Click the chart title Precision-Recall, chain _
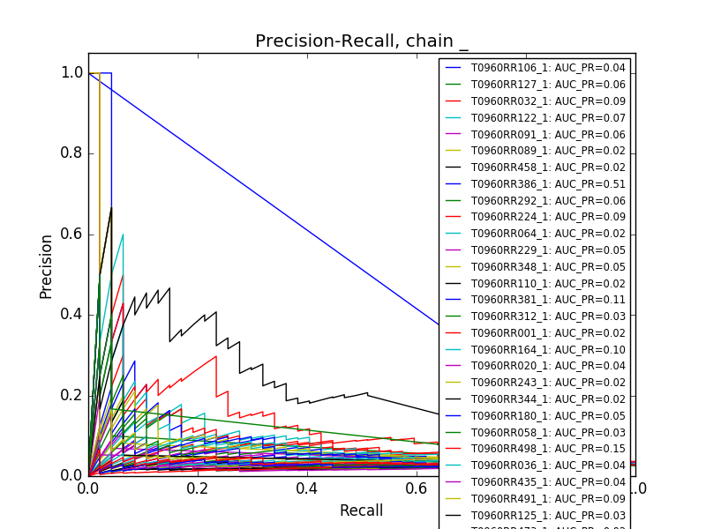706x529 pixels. (362, 41)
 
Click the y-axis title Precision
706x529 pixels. (46, 265)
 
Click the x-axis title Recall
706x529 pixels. (361, 510)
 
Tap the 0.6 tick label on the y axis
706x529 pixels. (71, 234)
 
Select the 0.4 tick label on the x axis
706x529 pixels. (307, 488)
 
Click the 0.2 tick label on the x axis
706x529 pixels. (198, 488)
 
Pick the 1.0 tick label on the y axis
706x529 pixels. (71, 72)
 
